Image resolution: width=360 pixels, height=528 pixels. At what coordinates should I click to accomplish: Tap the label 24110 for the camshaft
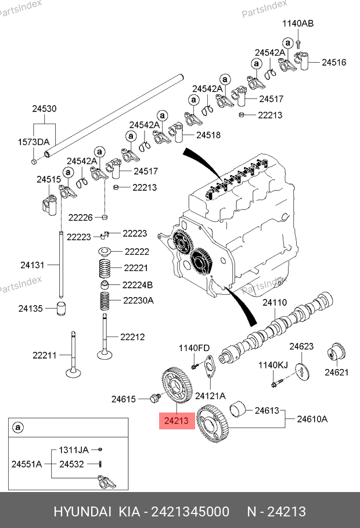(275, 303)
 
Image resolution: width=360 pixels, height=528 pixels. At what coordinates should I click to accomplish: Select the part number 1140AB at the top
(298, 24)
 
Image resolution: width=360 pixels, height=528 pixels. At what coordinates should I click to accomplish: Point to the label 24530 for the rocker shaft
(44, 109)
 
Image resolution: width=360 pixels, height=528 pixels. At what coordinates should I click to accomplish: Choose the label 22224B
(137, 285)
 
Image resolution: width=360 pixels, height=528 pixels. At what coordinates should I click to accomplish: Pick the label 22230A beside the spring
(138, 300)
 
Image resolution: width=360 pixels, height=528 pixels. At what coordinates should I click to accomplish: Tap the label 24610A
(312, 419)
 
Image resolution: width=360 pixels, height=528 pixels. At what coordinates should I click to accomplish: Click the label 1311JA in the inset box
(73, 450)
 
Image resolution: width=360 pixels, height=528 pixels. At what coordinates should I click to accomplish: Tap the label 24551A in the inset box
(27, 464)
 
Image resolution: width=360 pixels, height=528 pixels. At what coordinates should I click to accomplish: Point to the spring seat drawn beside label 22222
(105, 253)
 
